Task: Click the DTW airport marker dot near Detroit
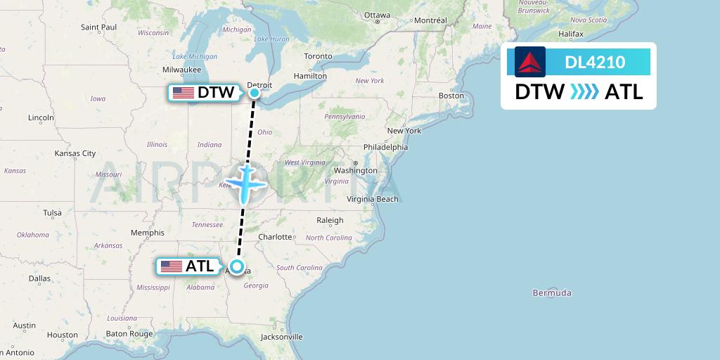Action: [255, 92]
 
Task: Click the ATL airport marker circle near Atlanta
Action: [237, 266]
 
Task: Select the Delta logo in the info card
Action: [530, 62]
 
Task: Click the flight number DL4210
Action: [595, 63]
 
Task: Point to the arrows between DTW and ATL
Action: [584, 91]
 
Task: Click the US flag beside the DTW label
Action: [184, 93]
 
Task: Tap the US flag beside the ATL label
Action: [171, 266]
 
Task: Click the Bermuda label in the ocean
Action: [552, 292]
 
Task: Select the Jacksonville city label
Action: [281, 337]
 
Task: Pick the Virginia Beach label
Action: [373, 199]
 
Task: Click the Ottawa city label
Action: [377, 15]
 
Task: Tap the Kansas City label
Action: [75, 153]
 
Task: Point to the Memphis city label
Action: [148, 233]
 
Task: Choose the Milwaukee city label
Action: [181, 70]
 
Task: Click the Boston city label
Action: [451, 96]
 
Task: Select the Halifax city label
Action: [571, 34]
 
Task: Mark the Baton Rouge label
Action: [129, 334]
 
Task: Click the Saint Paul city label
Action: [98, 27]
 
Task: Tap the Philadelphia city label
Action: [385, 148]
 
